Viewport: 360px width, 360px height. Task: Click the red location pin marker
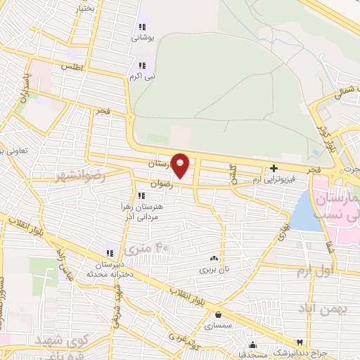click(x=181, y=165)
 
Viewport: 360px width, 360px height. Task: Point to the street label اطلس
click(x=72, y=67)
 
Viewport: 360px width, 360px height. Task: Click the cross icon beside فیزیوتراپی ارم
click(x=274, y=168)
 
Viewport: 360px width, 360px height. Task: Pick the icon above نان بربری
click(x=213, y=259)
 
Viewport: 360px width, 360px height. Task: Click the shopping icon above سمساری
click(x=218, y=315)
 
